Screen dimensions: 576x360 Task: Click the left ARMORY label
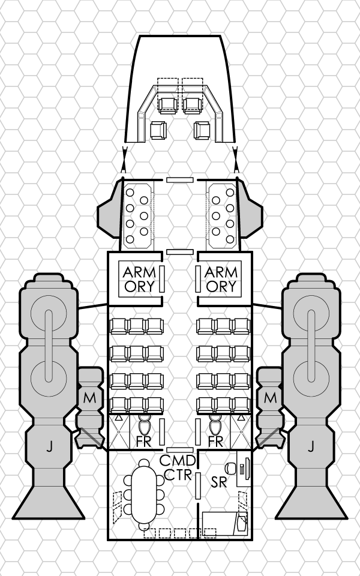click(x=139, y=279)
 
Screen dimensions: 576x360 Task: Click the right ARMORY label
click(x=221, y=279)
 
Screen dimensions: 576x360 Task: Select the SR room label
click(x=218, y=481)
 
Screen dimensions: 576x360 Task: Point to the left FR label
click(x=143, y=442)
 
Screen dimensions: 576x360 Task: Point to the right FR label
click(x=217, y=442)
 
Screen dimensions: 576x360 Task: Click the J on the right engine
click(x=311, y=446)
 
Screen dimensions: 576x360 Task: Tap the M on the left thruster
click(x=89, y=397)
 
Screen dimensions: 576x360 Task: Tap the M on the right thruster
click(x=270, y=397)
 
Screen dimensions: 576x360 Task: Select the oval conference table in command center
click(x=144, y=493)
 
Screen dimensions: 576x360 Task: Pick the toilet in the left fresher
click(x=144, y=427)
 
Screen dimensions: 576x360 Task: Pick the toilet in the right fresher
click(x=215, y=427)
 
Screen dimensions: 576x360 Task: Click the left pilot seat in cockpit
click(x=167, y=103)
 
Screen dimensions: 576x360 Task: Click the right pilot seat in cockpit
click(x=193, y=103)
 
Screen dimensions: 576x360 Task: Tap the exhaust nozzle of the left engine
click(x=48, y=498)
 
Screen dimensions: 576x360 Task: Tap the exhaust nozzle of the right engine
click(x=311, y=498)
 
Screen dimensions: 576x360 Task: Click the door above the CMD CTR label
click(x=179, y=449)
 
